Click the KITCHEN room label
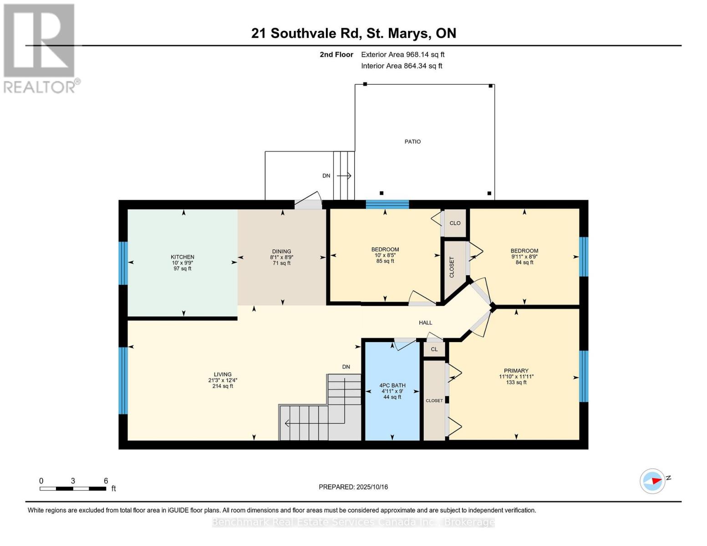tap(182, 257)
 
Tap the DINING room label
tap(281, 252)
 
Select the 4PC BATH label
tap(392, 385)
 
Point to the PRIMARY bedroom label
tap(516, 371)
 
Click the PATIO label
tap(412, 142)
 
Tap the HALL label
tap(425, 323)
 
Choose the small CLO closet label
tap(455, 223)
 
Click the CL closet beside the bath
tap(434, 349)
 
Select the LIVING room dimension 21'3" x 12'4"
tap(223, 380)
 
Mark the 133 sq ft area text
tap(516, 383)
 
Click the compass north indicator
tap(653, 481)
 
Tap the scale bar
tap(73, 489)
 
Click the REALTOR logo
tap(40, 48)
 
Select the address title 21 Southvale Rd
tap(353, 33)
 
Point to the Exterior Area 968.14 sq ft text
tap(402, 55)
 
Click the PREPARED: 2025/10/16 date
tap(353, 487)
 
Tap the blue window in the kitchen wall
tap(123, 263)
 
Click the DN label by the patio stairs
tap(326, 176)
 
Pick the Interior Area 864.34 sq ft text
tap(402, 66)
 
